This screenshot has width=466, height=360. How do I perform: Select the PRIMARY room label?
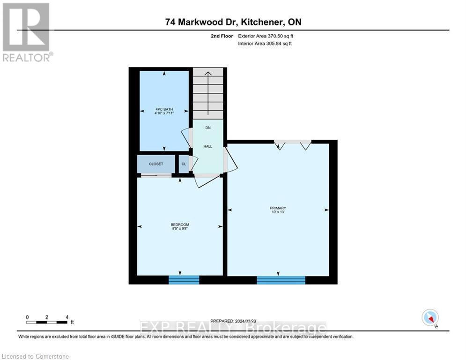click(x=277, y=208)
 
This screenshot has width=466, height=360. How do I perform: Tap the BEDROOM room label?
click(x=180, y=225)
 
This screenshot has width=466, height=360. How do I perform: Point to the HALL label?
click(x=207, y=146)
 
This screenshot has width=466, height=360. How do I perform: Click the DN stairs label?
click(x=208, y=127)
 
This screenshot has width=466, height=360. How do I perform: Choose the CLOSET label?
click(x=156, y=164)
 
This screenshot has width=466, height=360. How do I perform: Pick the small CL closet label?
click(x=183, y=164)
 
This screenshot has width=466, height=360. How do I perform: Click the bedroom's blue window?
click(x=184, y=280)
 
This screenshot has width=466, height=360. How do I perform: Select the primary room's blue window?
click(x=281, y=280)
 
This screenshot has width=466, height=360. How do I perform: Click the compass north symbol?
click(x=429, y=317)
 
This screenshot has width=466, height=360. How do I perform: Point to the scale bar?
click(x=47, y=322)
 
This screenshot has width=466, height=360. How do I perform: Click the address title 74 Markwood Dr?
click(x=232, y=22)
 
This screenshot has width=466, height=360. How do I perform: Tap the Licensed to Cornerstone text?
click(x=36, y=357)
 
